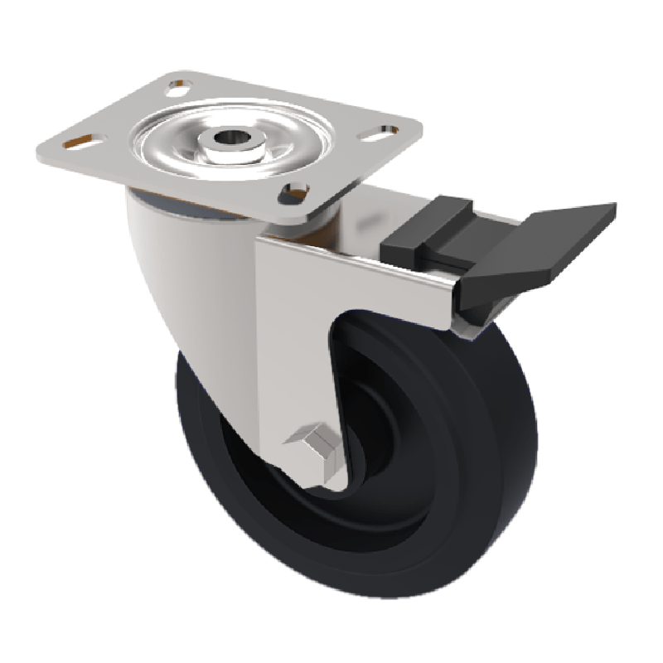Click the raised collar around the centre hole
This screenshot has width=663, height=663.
pos(234,145)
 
